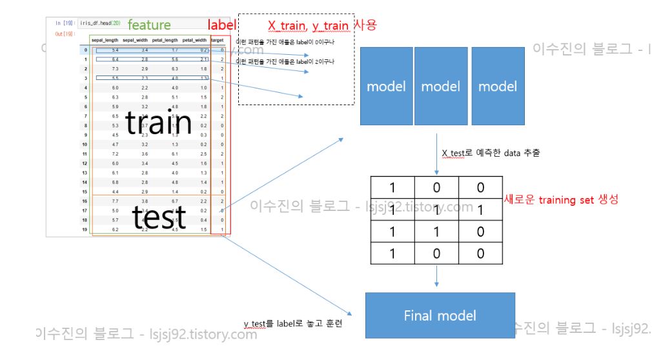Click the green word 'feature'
(149, 25)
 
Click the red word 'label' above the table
(220, 25)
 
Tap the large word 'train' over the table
(159, 122)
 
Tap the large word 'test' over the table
(159, 217)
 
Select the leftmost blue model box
(386, 86)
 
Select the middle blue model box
(441, 86)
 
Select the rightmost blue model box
(497, 86)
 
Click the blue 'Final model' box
(440, 315)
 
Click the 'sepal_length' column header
(105, 40)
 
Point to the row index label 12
(84, 164)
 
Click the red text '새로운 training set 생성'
(560, 200)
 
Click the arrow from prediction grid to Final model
(437, 276)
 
